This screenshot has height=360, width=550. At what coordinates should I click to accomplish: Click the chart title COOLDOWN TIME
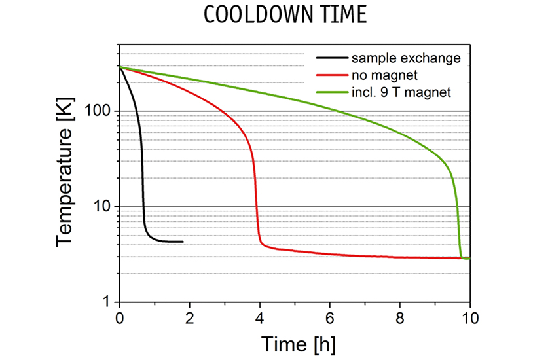click(274, 14)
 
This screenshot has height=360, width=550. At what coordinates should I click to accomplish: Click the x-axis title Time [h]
click(294, 343)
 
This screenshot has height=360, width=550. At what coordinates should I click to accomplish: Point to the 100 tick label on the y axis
click(99, 111)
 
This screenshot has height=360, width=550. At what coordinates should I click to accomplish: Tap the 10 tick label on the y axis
click(103, 207)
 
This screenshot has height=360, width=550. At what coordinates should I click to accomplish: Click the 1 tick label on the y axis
click(108, 302)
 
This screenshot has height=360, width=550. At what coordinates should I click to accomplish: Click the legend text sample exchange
click(405, 58)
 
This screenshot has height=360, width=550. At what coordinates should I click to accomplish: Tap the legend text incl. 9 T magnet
click(401, 92)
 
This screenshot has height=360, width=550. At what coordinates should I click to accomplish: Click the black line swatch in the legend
click(332, 58)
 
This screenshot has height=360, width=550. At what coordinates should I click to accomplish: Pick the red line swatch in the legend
click(332, 75)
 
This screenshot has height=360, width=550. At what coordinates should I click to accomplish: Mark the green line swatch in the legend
click(332, 92)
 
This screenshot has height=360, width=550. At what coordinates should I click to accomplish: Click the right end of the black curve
click(183, 242)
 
